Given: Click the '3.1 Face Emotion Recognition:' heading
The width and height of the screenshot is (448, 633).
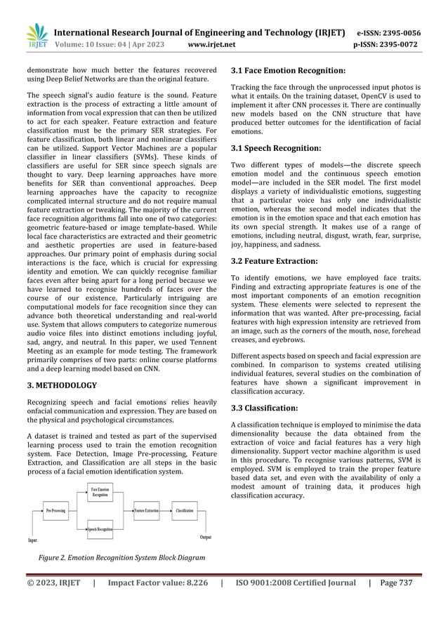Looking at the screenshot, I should (x=287, y=71).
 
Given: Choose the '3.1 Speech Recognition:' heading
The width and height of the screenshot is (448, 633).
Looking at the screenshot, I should (x=276, y=149).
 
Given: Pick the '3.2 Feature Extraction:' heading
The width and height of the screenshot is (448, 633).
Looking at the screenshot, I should (x=276, y=261).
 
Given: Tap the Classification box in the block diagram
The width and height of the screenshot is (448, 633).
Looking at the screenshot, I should (x=185, y=511).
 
